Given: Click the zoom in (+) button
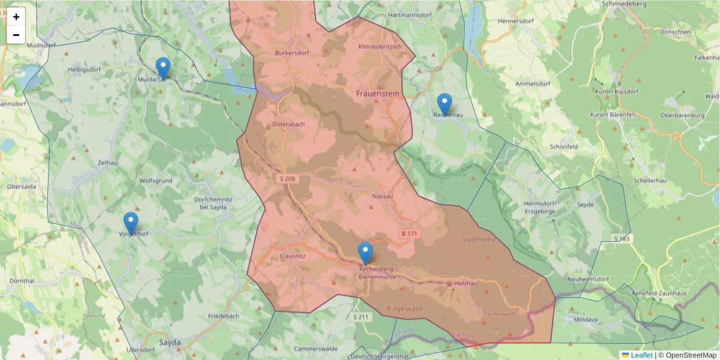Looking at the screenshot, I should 16,17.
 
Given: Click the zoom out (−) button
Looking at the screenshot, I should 16,35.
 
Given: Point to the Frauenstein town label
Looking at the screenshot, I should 377,94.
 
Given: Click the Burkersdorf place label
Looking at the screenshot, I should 292,53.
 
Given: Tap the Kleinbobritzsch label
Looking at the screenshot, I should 380,46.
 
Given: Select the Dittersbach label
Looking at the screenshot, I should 289,124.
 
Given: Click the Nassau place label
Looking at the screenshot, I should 382,196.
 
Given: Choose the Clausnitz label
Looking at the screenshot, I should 293,256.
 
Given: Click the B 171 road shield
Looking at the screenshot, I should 409,233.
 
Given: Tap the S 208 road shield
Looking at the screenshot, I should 287,179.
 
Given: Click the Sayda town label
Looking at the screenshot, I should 170,343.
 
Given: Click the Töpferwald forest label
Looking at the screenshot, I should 478,239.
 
